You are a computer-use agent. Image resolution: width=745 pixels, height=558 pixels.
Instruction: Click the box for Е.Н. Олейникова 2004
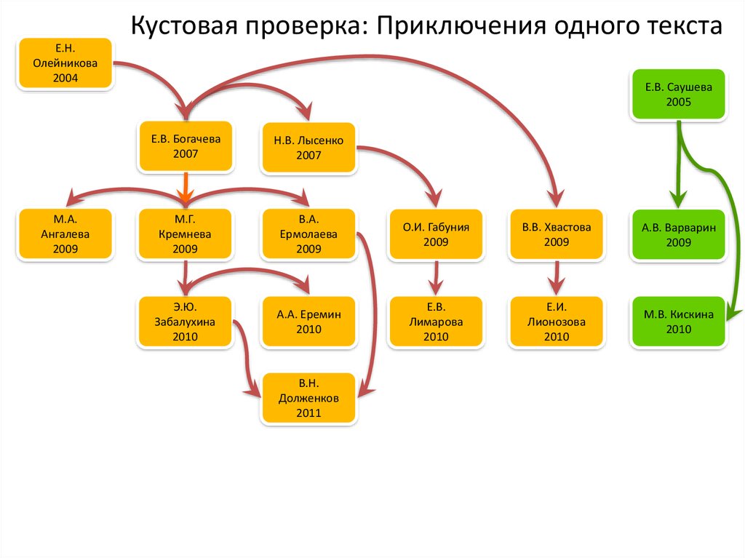point(65,63)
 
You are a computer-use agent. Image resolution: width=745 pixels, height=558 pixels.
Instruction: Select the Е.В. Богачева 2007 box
point(186,146)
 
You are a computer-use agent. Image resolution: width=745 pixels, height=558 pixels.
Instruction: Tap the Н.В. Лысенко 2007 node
point(308,147)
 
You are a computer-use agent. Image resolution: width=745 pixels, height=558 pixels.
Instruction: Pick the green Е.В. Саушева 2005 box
point(678,94)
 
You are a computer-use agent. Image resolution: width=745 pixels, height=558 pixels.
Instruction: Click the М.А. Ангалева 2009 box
point(65,234)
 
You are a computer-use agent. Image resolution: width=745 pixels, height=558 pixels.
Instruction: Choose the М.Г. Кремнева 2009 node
point(186,234)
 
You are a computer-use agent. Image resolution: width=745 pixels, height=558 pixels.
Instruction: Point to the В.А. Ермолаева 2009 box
point(308,234)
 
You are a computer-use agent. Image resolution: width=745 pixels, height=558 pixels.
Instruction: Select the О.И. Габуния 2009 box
point(436,234)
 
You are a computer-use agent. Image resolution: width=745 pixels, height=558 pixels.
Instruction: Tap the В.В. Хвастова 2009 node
point(557,234)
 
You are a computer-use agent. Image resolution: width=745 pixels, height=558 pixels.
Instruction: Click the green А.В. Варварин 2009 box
point(678,234)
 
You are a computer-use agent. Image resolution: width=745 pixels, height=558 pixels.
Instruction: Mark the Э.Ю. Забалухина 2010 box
point(186,322)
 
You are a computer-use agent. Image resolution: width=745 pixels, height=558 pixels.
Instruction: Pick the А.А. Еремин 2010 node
point(308,322)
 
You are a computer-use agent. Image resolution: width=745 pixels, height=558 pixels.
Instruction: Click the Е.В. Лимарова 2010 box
point(436,322)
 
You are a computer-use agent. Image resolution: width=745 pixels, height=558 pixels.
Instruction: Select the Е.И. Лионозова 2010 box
point(557,322)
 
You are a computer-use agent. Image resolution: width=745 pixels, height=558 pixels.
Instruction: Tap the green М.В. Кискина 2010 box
point(678,322)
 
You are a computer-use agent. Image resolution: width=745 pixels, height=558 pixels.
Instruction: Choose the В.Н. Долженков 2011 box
point(308,399)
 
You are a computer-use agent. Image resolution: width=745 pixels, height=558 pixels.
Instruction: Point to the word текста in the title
point(680,27)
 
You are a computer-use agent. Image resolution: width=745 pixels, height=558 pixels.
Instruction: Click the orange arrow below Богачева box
point(186,188)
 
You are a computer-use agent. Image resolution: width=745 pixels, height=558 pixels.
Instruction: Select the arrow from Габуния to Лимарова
point(436,277)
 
